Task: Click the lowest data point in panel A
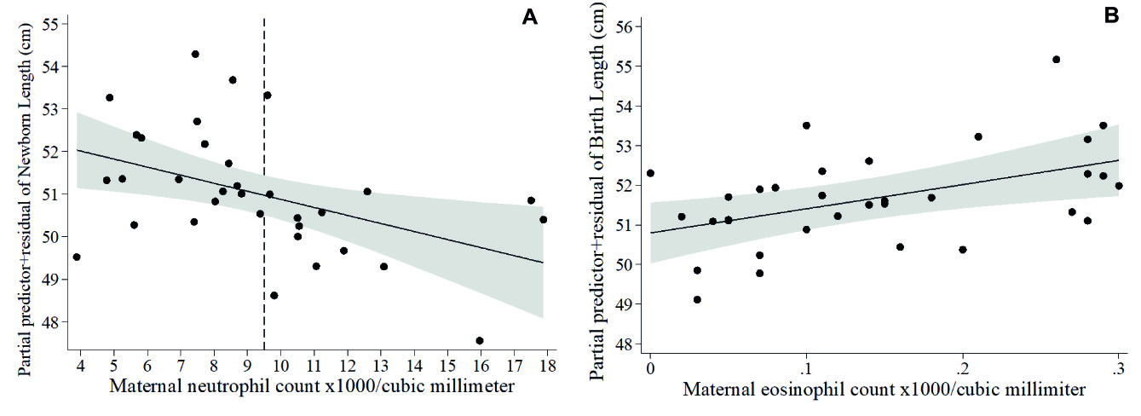point(480,340)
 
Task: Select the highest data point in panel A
point(195,54)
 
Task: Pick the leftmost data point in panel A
point(77,257)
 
